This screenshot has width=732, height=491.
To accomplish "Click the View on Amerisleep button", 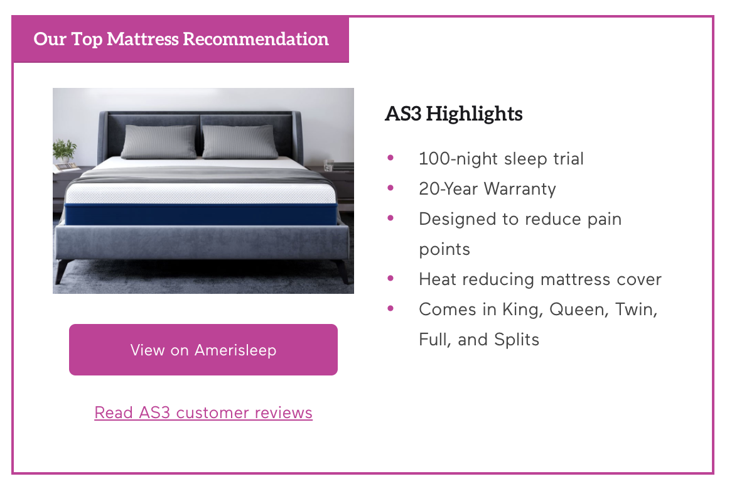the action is pos(203,350).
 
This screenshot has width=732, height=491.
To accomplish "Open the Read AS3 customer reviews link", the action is pos(203,413).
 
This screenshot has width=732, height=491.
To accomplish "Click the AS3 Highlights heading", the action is pos(454,114).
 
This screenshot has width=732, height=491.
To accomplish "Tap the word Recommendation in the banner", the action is pos(256,39).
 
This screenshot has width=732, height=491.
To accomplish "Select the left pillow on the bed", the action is pos(159,141).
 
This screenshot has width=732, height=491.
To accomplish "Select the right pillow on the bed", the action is pos(240,141).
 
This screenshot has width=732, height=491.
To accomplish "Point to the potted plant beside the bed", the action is pos(65,150).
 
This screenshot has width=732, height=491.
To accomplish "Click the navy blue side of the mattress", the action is pos(202,214).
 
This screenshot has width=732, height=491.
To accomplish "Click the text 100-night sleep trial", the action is pos(501,159).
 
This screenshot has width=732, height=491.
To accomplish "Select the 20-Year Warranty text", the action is pos(487,188).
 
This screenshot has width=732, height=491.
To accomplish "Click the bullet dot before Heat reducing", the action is pos(390,279).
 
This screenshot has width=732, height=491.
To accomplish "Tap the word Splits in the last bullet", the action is pos(516,340).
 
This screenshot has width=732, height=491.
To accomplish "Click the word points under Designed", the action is pos(444,249).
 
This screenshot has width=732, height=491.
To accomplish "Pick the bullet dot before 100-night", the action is pos(390,158).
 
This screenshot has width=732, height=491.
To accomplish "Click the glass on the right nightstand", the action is pos(329,165).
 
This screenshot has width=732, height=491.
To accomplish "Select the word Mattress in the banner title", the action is pos(143,39).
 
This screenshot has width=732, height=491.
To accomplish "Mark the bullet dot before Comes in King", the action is pos(390,308).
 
